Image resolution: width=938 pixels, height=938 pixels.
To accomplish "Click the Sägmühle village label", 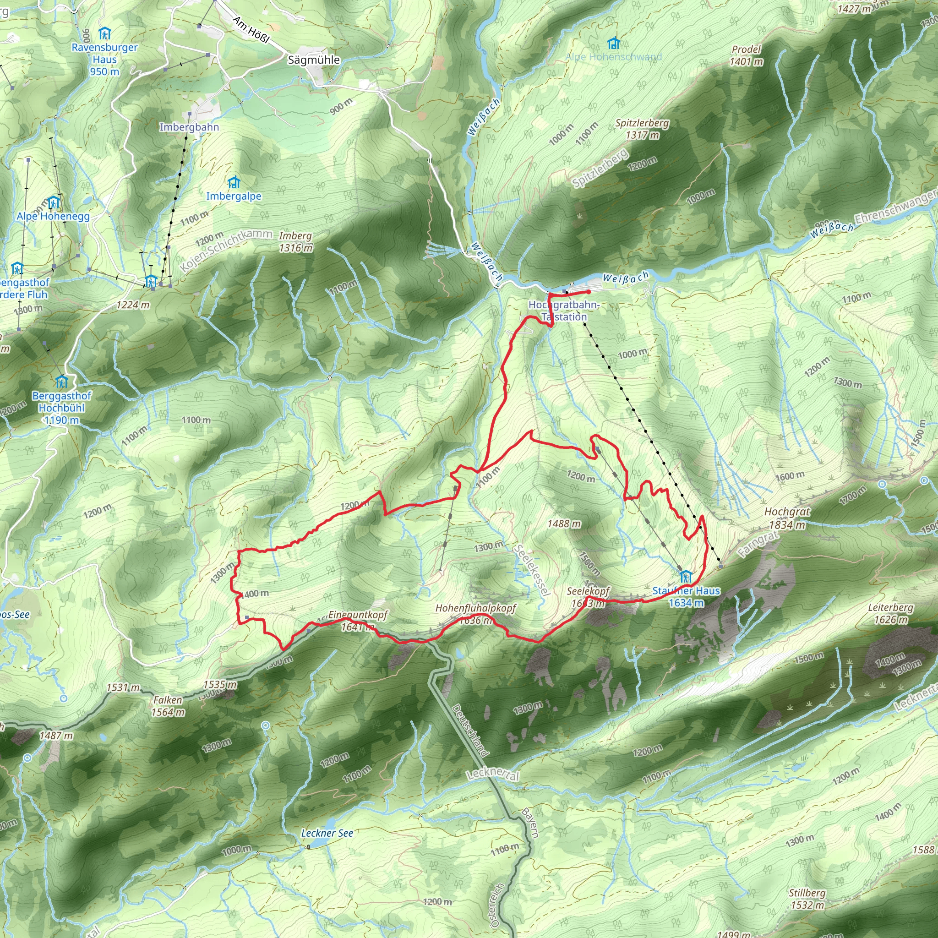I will [x=314, y=60].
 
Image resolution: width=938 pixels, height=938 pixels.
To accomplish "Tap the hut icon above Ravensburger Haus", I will [x=104, y=33].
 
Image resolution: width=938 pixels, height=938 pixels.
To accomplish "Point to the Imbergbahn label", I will [x=189, y=127].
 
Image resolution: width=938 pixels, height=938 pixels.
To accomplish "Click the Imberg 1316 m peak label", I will [x=296, y=242].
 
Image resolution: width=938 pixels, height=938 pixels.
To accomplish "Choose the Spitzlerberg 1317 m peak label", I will [x=642, y=129].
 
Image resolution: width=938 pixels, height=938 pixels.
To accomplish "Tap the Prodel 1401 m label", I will [x=746, y=55].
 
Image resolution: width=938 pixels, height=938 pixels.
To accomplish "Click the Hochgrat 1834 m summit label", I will [x=787, y=518].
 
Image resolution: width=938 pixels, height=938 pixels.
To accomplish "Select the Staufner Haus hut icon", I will [x=686, y=576].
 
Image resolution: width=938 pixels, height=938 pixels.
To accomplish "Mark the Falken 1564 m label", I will [x=168, y=706].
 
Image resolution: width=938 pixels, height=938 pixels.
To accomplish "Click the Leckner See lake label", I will [x=327, y=833].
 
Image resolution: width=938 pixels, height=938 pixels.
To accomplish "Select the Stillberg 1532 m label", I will [x=807, y=899].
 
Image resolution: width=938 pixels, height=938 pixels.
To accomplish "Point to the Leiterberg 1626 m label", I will [x=890, y=613].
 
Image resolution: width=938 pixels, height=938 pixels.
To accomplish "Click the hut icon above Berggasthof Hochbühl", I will [x=61, y=381].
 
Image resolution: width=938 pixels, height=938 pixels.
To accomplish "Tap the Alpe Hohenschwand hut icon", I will [x=614, y=43].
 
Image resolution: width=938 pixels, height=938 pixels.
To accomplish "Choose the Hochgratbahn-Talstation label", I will [x=564, y=311].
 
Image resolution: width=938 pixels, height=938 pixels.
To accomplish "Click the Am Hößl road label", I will [x=251, y=30].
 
